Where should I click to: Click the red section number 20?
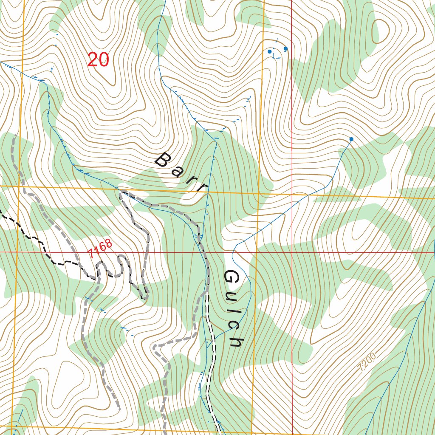point(98,60)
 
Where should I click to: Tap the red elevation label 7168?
point(101,248)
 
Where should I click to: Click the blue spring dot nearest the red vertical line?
point(285,48)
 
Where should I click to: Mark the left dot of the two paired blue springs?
point(269,51)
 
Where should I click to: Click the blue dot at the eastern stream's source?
point(351,139)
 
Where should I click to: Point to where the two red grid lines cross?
point(292,252)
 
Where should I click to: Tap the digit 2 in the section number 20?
point(93,60)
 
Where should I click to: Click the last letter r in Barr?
point(203,187)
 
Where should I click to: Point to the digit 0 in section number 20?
point(104,60)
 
